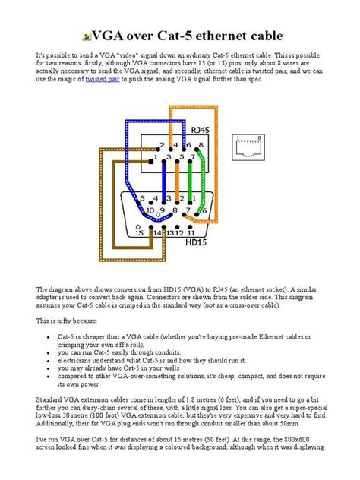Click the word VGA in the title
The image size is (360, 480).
click(104, 36)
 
